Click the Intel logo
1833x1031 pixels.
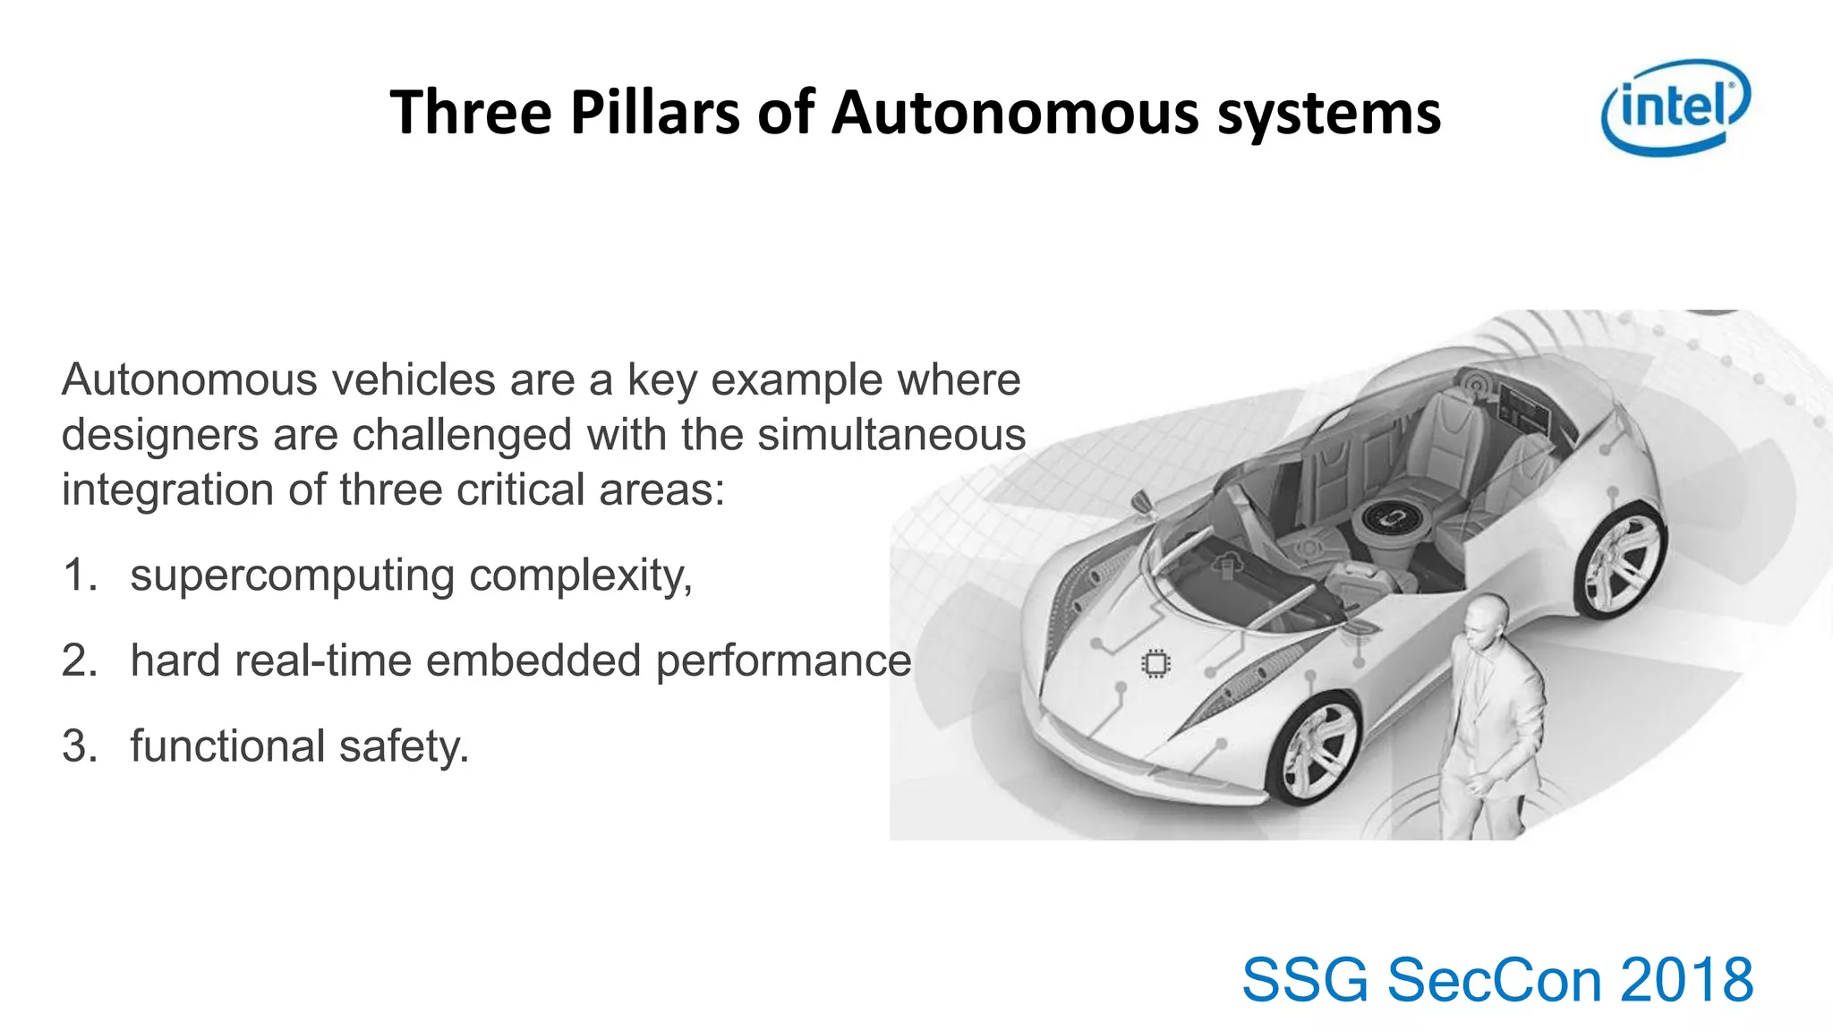(1675, 107)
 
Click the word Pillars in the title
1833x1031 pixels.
(656, 114)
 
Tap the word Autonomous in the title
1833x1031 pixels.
(1014, 114)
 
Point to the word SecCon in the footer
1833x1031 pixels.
(1495, 980)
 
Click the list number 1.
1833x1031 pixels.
(78, 575)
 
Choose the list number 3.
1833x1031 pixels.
(78, 746)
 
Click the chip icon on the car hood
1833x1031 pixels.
(1155, 663)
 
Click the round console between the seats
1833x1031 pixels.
(1386, 518)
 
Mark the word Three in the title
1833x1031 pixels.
(471, 114)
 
